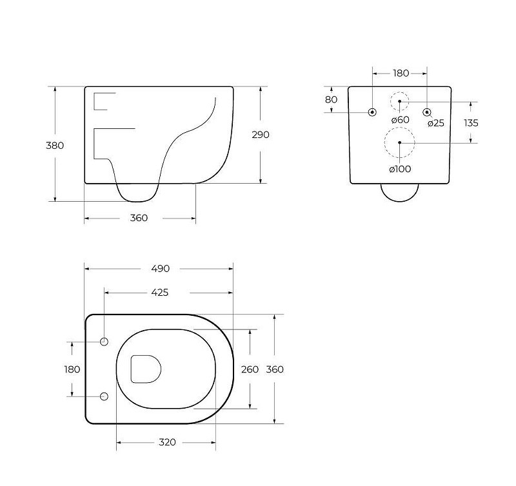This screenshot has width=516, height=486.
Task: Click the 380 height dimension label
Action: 55,145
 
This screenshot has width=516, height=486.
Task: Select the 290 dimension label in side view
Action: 261,135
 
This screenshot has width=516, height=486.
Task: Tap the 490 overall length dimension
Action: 160,269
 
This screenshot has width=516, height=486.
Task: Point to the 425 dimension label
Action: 159,293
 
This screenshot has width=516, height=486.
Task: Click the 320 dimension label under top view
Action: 167,442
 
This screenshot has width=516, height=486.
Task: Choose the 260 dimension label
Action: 250,369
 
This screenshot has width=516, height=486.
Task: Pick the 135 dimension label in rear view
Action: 471,123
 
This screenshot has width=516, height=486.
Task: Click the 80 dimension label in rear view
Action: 331,99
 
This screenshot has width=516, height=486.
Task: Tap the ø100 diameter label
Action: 400,169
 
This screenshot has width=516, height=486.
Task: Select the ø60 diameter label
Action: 400,120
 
